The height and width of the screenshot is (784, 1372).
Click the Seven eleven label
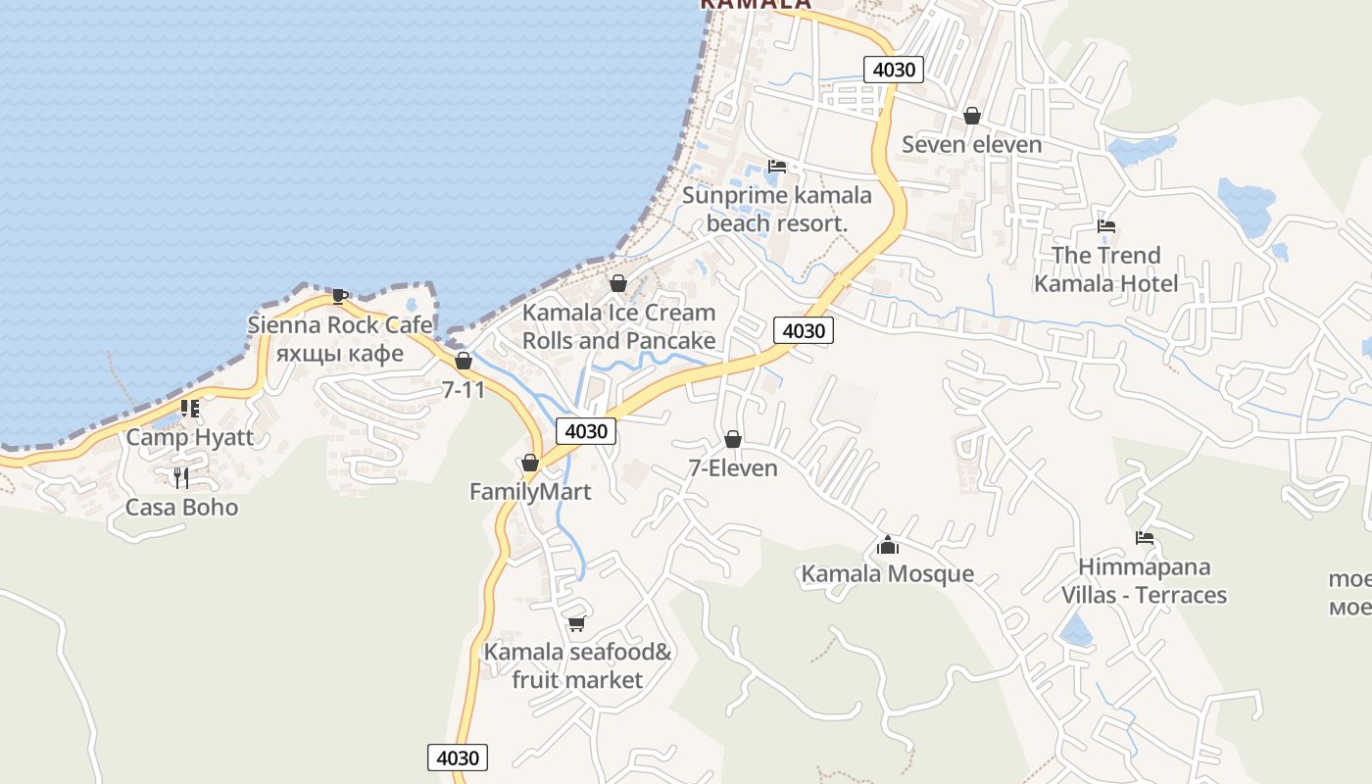(x=971, y=145)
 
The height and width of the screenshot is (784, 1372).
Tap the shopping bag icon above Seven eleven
(x=972, y=117)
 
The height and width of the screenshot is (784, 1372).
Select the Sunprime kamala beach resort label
(x=776, y=209)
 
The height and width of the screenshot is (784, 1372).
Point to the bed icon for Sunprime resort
(x=777, y=167)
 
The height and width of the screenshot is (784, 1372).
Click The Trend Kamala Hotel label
(x=1106, y=269)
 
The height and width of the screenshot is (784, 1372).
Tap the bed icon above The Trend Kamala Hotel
(x=1106, y=226)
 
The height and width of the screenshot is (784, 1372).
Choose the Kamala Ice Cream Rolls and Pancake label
(x=618, y=326)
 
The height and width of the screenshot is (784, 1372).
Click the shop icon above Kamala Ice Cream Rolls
(x=618, y=284)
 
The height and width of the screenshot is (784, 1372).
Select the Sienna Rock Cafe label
(x=340, y=324)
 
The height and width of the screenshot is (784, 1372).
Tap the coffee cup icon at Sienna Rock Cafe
(x=340, y=296)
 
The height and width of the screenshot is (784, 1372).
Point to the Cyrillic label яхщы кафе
(x=339, y=353)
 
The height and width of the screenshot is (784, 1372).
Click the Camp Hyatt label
(x=189, y=437)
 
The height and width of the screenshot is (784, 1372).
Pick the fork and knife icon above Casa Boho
(x=181, y=478)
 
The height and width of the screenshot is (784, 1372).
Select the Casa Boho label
(x=181, y=508)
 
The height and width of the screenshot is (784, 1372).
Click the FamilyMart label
(x=530, y=492)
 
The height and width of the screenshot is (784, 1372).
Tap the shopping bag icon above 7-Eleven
(x=732, y=439)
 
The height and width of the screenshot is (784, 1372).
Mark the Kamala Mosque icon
(x=888, y=545)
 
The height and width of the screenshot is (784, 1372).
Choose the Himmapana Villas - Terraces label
(x=1144, y=581)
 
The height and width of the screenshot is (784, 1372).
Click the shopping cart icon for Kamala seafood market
(x=577, y=623)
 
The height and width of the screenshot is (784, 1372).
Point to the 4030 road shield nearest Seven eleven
(x=894, y=70)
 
